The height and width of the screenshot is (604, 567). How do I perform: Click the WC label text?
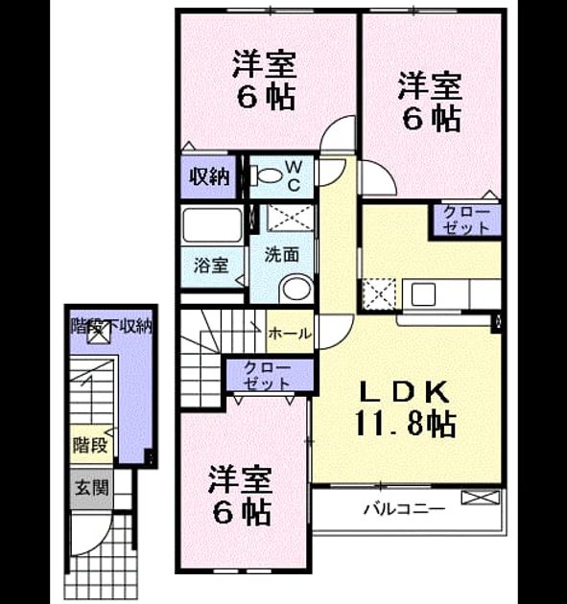pos(294,176)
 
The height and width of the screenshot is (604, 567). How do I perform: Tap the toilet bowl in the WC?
pos(266,175)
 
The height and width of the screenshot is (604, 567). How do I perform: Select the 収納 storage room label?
pos(209,177)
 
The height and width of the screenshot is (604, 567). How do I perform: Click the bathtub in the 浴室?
pos(212,225)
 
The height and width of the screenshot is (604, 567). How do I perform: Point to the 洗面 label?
pos(282,255)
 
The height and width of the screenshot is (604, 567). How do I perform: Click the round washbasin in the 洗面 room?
pos(297,289)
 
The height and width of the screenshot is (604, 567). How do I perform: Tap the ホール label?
pos(290,334)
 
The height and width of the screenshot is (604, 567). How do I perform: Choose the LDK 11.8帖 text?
pos(405,408)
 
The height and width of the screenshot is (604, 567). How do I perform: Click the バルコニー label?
pos(405,509)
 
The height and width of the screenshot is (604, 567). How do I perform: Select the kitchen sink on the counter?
pos(423,294)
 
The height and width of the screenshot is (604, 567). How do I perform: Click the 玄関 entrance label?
pos(92,488)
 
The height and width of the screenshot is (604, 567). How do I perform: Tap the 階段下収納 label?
pos(111,327)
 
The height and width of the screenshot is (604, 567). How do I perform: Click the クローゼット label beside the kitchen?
pos(466,221)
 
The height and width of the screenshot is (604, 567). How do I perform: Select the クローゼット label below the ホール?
pos(267,376)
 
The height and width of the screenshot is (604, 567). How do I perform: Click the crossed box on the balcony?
pos(481,497)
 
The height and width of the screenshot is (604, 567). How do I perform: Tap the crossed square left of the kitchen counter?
pos(379,294)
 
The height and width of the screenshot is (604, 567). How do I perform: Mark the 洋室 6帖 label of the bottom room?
pos(241,496)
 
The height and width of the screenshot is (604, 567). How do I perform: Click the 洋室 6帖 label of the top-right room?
pos(431,102)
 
